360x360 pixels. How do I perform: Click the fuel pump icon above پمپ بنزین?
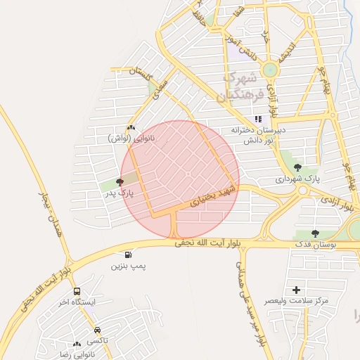coord(128,255)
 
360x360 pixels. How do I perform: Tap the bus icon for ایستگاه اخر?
coord(77,291)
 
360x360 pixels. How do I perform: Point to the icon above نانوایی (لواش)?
coord(131,128)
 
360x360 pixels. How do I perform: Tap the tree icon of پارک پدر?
coord(119,182)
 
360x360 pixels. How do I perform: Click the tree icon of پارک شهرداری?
coord(298,167)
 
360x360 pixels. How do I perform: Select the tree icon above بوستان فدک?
coord(314,233)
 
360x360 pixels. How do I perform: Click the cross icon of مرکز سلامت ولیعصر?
coord(296,290)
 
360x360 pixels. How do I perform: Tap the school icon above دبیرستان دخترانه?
coord(258,118)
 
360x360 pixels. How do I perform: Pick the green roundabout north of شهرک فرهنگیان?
coord(269,70)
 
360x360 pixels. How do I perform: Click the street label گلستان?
coord(141,72)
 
